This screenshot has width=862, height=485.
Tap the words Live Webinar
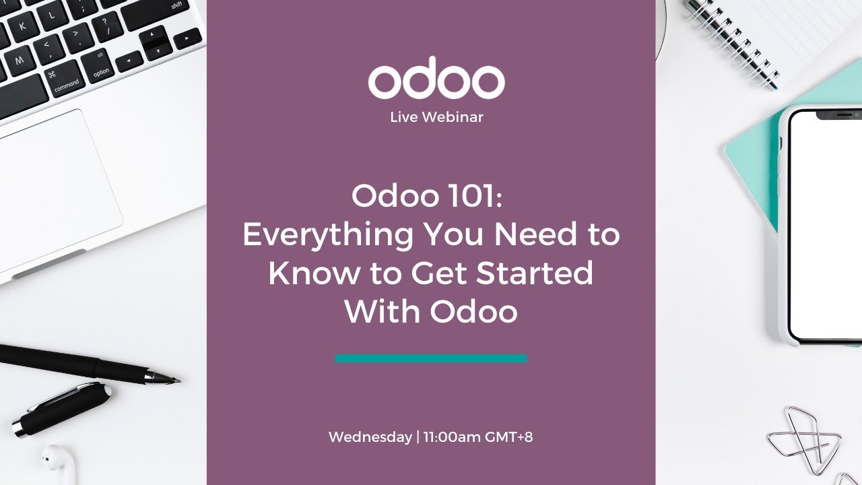436,117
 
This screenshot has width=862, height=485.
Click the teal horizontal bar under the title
431,358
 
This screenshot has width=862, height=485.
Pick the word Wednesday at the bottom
370,437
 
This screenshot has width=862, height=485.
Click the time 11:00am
452,437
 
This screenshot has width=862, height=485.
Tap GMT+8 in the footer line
508,437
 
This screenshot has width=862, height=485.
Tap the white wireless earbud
58,461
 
